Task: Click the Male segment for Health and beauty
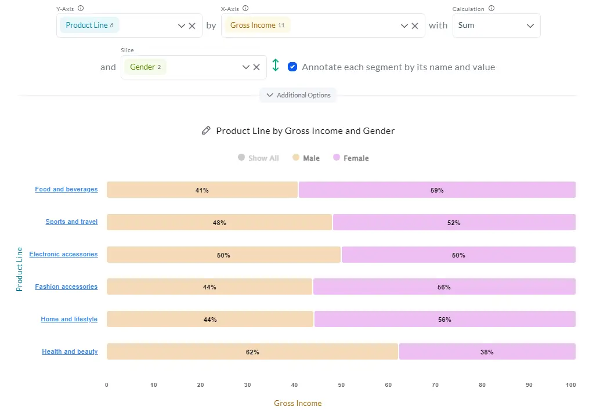pos(252,351)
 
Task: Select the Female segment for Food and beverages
pos(437,190)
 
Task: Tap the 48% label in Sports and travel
pos(219,223)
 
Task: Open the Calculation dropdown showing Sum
pos(496,26)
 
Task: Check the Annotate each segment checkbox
pos(292,67)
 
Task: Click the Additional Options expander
pos(298,95)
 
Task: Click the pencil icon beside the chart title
pos(206,131)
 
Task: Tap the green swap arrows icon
pos(276,66)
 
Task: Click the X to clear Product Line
pos(192,26)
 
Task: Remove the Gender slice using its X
pos(256,67)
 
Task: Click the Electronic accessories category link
pos(64,254)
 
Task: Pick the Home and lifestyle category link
pos(69,319)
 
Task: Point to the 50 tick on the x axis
pos(341,385)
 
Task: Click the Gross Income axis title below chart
pos(298,403)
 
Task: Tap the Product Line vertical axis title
pos(19,269)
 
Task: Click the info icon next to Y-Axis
pos(80,9)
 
